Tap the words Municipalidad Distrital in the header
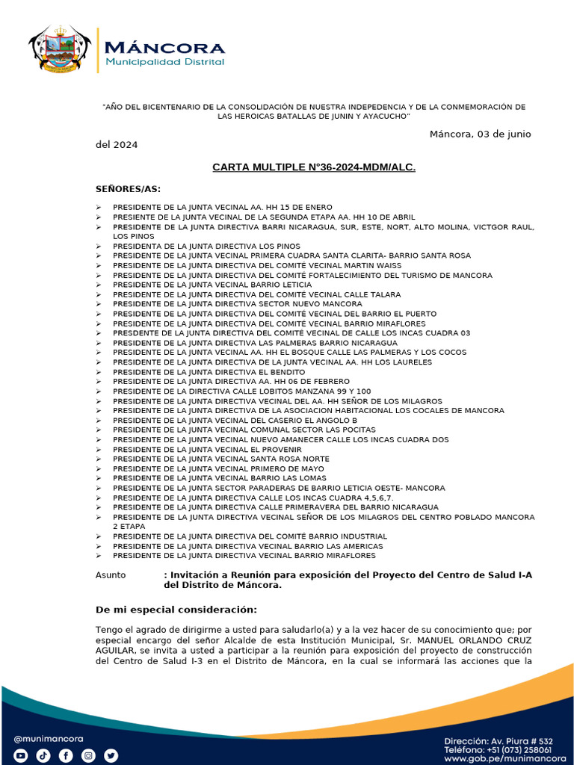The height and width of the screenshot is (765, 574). coord(164,62)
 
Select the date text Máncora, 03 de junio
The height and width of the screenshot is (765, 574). coord(480,134)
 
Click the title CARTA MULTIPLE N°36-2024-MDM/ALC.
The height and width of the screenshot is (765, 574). coord(314,167)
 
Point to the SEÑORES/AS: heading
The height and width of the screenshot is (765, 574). coord(128,188)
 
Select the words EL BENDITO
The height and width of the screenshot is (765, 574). coord(282,371)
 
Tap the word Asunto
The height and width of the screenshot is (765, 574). coord(111,574)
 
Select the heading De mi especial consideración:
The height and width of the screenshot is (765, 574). coord(176,610)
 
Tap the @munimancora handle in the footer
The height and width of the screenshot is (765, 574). coord(49,739)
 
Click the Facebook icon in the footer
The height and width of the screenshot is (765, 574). coord(66,755)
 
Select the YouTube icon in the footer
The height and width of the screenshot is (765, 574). coord(21,755)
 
